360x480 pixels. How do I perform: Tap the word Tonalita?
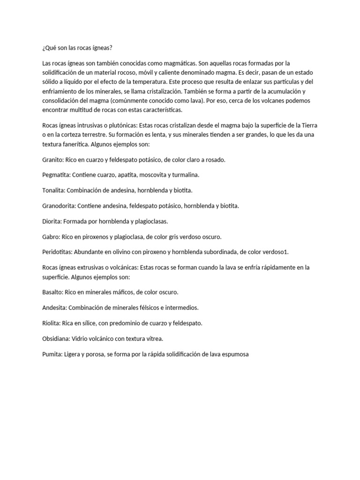pyautogui.click(x=54, y=191)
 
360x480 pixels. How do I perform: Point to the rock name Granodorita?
pyautogui.click(x=59, y=206)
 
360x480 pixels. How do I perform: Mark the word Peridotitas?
pyautogui.click(x=57, y=252)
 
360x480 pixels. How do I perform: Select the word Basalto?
pyautogui.click(x=52, y=292)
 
